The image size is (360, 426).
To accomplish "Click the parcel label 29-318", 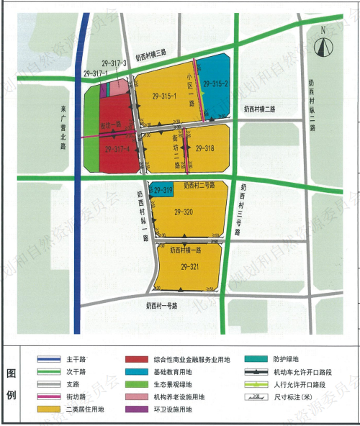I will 205,148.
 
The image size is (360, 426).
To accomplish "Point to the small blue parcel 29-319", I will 162,190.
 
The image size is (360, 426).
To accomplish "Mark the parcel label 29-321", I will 189,267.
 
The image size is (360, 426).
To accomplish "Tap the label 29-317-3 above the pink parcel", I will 115,63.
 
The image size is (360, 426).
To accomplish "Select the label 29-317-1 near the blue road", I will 96,73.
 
